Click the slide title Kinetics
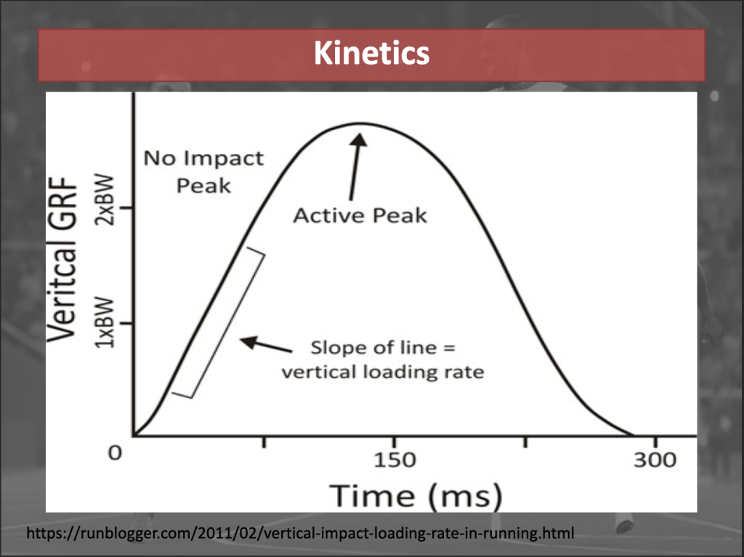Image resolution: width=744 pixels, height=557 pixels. [x=371, y=53]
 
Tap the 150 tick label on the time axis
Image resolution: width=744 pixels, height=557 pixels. [x=395, y=460]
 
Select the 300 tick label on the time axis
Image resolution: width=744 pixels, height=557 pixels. [x=655, y=460]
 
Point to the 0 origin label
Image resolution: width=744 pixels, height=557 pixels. [x=115, y=453]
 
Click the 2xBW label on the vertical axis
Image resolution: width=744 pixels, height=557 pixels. [x=105, y=200]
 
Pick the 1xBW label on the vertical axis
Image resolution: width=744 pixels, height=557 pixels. [x=105, y=322]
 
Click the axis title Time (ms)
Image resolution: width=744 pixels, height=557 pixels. [x=416, y=496]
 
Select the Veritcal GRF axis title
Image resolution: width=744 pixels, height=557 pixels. [x=62, y=259]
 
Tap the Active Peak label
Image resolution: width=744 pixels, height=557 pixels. [x=360, y=216]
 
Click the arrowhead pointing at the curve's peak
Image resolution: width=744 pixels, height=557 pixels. [x=359, y=140]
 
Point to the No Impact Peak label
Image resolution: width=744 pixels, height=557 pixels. [x=203, y=172]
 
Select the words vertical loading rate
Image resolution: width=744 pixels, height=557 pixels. [x=383, y=372]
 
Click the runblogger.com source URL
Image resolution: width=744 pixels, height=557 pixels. [x=300, y=533]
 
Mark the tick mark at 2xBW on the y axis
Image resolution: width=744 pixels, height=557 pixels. [x=128, y=208]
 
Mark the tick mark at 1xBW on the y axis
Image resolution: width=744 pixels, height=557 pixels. [x=128, y=324]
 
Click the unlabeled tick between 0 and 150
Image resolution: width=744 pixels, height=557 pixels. [x=264, y=442]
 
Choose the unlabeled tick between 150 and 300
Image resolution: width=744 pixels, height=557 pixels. [x=525, y=442]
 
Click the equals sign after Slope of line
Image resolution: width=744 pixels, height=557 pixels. [x=449, y=349]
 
